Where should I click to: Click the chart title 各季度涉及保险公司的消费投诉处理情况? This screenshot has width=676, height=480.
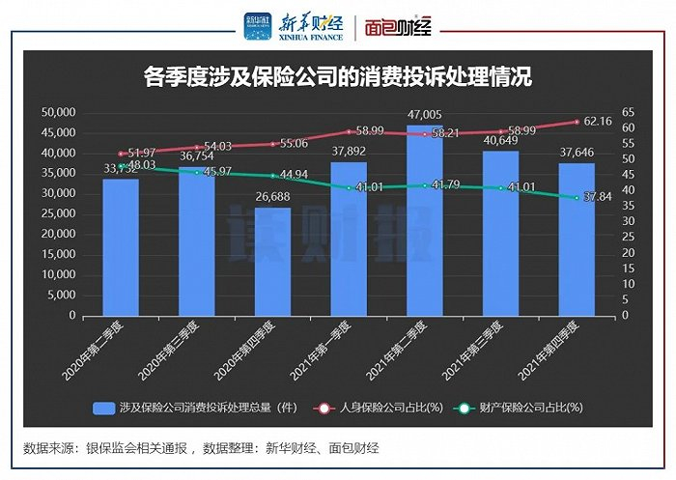[337, 77]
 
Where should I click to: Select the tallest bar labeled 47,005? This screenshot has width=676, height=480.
[425, 222]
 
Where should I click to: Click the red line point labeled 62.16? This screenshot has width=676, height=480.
[577, 122]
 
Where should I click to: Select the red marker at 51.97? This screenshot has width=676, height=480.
[122, 154]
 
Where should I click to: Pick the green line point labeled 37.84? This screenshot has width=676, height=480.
[577, 197]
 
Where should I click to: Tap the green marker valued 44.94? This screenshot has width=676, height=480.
[273, 176]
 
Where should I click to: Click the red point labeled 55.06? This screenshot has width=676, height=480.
[273, 144]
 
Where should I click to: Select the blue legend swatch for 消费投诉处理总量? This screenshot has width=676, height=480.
[103, 408]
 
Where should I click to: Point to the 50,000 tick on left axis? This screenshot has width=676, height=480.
[59, 112]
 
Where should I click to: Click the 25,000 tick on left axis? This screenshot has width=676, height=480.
[59, 214]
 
